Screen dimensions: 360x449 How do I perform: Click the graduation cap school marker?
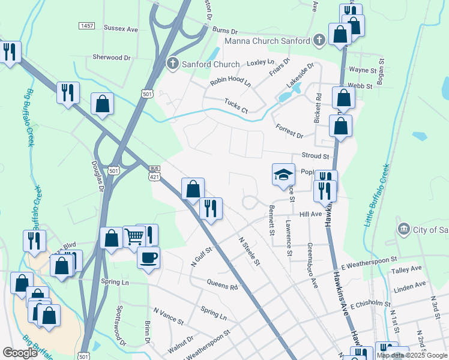(284, 175)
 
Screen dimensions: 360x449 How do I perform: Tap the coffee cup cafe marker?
(148, 258)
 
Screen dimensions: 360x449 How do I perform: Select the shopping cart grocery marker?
(133, 236)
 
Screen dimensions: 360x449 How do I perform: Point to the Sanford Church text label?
(211, 64)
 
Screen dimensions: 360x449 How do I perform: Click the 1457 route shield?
(87, 25)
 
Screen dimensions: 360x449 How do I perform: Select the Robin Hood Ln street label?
(230, 83)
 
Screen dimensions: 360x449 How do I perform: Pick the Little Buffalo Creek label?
(377, 195)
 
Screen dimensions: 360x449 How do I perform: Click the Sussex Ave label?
(121, 28)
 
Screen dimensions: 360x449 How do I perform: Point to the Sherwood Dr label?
(112, 58)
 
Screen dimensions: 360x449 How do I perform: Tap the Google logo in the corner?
(20, 353)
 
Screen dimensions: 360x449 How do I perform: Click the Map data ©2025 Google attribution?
(412, 355)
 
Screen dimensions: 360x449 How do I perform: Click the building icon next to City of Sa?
(403, 229)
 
